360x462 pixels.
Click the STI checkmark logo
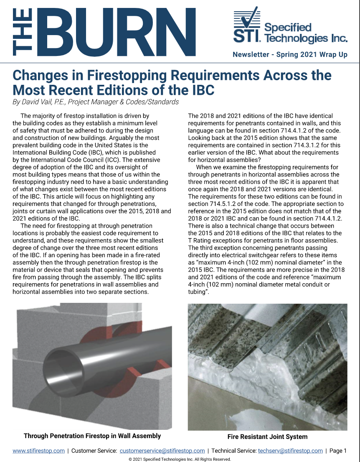[247, 25]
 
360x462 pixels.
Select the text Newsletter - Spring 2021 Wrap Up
[290, 55]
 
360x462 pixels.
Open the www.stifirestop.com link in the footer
[39, 451]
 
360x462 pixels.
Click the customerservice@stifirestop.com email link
[162, 451]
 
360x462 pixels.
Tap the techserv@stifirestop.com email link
[290, 451]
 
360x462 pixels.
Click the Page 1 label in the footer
[338, 451]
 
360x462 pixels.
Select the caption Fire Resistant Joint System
[267, 437]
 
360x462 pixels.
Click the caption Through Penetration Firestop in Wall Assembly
[92, 436]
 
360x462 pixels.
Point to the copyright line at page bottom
[180, 458]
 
